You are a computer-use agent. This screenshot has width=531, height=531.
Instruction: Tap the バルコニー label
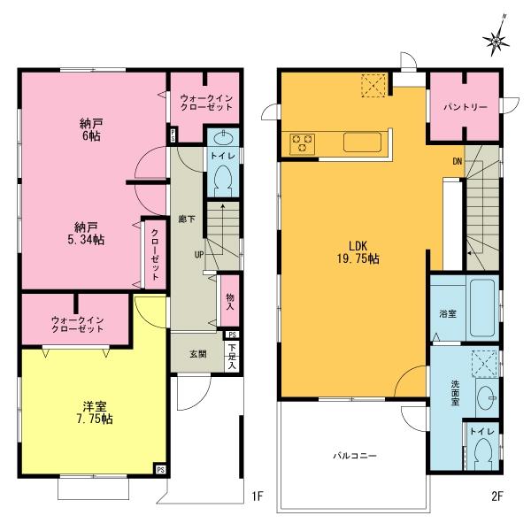coord(355,456)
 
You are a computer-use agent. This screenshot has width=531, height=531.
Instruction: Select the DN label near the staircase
coord(457,161)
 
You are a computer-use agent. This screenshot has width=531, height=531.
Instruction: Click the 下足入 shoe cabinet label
coord(232,356)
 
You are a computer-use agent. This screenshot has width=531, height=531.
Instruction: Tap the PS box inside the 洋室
coord(160,470)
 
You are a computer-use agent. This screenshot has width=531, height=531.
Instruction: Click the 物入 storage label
coord(229,302)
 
